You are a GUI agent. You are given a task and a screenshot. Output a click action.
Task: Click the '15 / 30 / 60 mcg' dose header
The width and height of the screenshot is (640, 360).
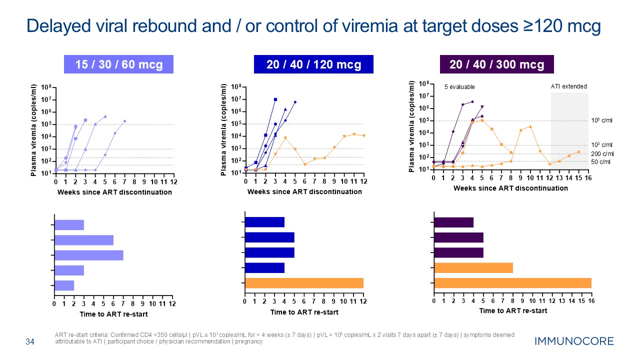[x=119, y=64]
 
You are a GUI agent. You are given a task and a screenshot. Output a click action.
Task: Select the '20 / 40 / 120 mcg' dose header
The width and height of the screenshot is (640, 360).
[x=313, y=64]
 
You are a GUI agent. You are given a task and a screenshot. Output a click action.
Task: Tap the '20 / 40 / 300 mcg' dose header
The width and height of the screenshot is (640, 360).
[x=496, y=64]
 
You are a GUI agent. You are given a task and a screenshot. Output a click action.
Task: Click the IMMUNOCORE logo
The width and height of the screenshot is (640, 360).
[x=573, y=342]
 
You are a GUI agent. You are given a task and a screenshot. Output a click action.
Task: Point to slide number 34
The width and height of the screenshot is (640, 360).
[x=30, y=342]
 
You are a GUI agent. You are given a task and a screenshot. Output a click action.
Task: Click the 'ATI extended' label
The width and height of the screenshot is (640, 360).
[x=569, y=86]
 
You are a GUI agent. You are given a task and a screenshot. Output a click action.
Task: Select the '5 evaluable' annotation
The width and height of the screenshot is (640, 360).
[x=459, y=87]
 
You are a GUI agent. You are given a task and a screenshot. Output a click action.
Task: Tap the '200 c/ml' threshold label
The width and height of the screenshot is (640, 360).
[x=601, y=153]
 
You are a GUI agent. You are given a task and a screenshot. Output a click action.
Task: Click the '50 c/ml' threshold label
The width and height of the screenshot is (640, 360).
[x=601, y=162]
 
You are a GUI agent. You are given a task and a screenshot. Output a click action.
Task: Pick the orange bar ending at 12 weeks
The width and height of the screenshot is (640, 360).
[x=304, y=282]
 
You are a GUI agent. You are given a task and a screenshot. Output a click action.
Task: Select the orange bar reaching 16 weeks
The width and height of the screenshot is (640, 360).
[x=512, y=282]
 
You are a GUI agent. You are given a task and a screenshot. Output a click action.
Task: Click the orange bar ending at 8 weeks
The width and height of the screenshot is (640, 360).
[x=473, y=267]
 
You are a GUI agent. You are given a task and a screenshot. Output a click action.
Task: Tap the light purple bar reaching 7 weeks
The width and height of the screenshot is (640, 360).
[x=89, y=255]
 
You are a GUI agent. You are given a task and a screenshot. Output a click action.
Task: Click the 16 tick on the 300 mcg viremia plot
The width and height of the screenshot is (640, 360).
[x=588, y=178]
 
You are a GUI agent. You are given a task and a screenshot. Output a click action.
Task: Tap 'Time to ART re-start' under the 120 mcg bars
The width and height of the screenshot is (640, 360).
[x=304, y=312]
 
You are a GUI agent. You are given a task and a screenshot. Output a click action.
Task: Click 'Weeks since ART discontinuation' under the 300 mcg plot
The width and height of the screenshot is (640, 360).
[x=510, y=188]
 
